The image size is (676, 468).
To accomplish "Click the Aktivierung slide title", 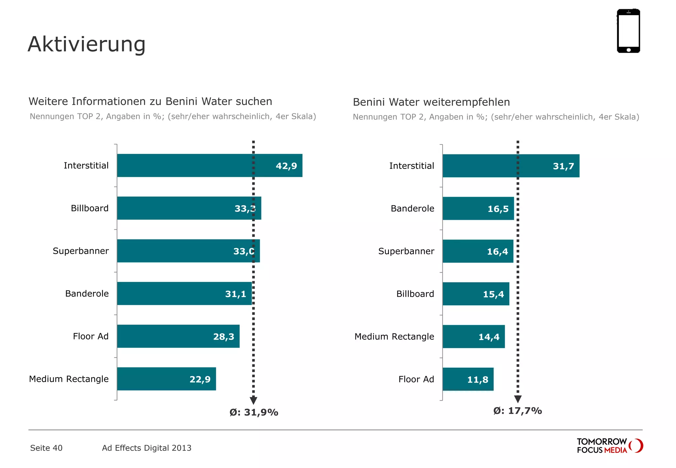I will [x=86, y=44].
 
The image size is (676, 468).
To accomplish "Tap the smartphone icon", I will [x=628, y=31].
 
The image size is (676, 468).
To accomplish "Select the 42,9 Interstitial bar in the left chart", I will [x=198, y=165].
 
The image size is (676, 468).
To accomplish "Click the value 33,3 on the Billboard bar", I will [x=245, y=209].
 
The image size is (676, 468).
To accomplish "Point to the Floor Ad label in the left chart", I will [x=90, y=336].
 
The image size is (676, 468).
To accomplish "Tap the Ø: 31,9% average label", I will [x=254, y=412].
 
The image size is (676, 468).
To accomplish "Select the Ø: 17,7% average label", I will [x=517, y=411].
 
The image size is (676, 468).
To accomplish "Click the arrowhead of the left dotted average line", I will [x=253, y=400].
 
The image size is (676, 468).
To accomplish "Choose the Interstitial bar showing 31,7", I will [x=495, y=166].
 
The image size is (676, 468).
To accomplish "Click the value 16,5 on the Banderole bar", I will [x=498, y=209].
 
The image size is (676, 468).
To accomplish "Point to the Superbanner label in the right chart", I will [x=406, y=251].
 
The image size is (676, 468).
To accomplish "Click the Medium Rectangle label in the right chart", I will [x=394, y=337].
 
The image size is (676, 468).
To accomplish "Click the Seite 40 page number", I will [x=46, y=448].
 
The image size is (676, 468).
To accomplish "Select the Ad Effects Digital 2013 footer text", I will [x=147, y=448].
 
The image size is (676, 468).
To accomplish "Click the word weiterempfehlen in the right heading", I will [x=466, y=102].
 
